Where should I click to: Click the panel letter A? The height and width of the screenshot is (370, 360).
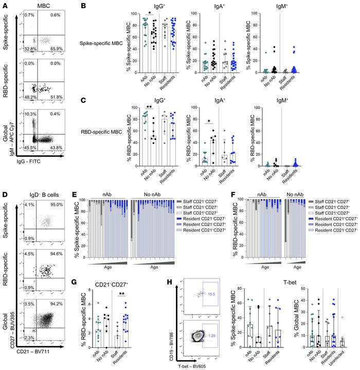(4, 5)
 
